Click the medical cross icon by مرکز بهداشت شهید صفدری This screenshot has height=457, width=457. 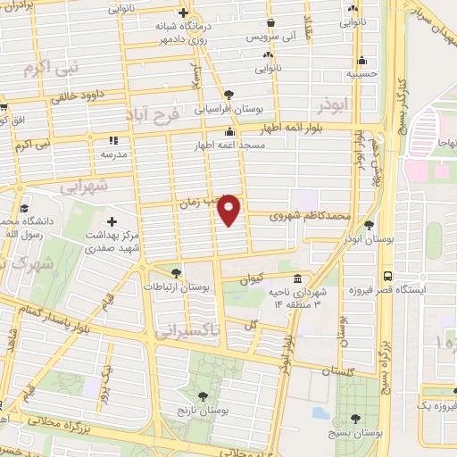click(112, 220)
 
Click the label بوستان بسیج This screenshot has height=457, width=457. click(357, 432)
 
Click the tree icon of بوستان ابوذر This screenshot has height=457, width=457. click(370, 225)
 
